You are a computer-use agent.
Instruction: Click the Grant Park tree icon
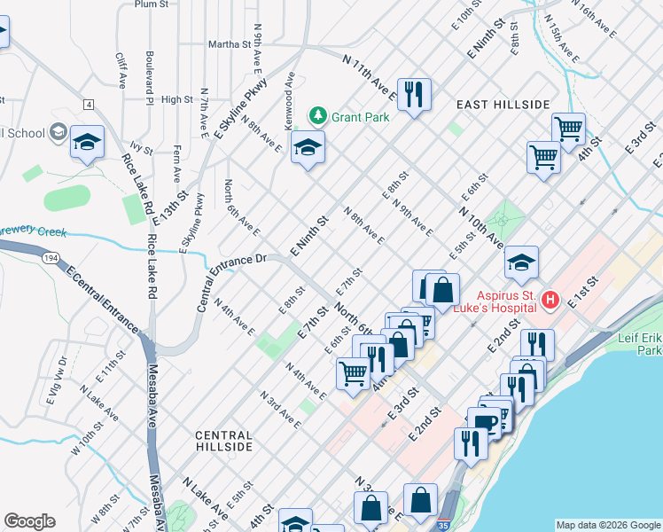click(317, 115)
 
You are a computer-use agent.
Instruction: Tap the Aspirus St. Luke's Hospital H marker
click(550, 301)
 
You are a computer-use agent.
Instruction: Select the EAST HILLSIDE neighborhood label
click(503, 105)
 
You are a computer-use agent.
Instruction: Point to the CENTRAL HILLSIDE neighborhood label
click(223, 441)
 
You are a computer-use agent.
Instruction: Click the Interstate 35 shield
click(442, 525)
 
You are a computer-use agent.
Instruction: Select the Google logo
click(29, 521)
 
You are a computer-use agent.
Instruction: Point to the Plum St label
click(152, 4)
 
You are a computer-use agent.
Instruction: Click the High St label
click(177, 99)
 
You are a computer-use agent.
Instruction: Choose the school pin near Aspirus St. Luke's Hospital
click(522, 262)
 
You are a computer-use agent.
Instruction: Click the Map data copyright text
click(607, 525)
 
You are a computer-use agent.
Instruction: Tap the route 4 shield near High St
click(89, 105)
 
